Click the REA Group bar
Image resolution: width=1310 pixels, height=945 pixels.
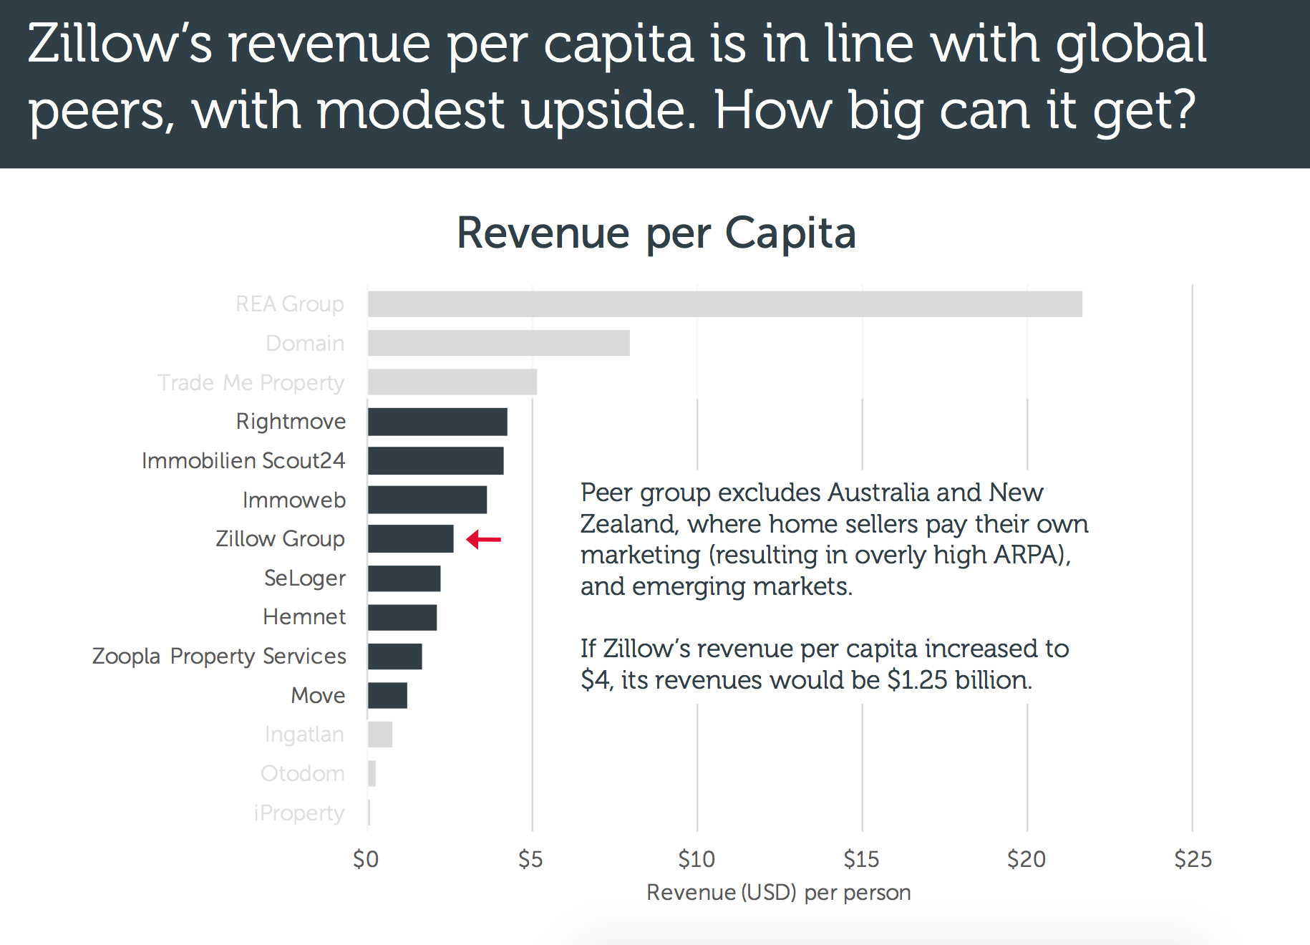coord(724,304)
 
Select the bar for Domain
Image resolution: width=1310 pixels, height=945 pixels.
coord(498,343)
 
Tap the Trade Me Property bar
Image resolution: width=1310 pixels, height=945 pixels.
coord(452,382)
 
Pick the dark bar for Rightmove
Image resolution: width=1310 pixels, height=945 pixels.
coord(437,422)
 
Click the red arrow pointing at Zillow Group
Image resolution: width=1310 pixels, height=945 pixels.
coord(484,539)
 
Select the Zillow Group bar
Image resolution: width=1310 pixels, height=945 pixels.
coord(410,539)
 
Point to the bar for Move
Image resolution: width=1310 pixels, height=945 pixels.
coord(387,695)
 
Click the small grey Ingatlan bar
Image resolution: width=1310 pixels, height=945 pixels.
coord(380,735)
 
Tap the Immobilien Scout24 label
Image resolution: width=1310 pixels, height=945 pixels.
coord(243,460)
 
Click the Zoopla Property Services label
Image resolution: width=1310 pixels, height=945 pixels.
coord(219,656)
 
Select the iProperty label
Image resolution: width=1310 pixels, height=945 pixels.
coord(299,813)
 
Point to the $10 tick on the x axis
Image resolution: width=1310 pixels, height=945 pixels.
coord(697,858)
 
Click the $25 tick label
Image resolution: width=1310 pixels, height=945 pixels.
coord(1193,858)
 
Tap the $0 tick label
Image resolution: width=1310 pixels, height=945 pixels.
coord(366,858)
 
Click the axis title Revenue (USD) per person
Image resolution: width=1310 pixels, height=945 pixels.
coord(778,893)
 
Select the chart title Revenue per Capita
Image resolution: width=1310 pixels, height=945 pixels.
coord(656,233)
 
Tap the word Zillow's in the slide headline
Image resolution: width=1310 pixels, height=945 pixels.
coord(120,44)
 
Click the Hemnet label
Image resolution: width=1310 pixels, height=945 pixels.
coord(304,616)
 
